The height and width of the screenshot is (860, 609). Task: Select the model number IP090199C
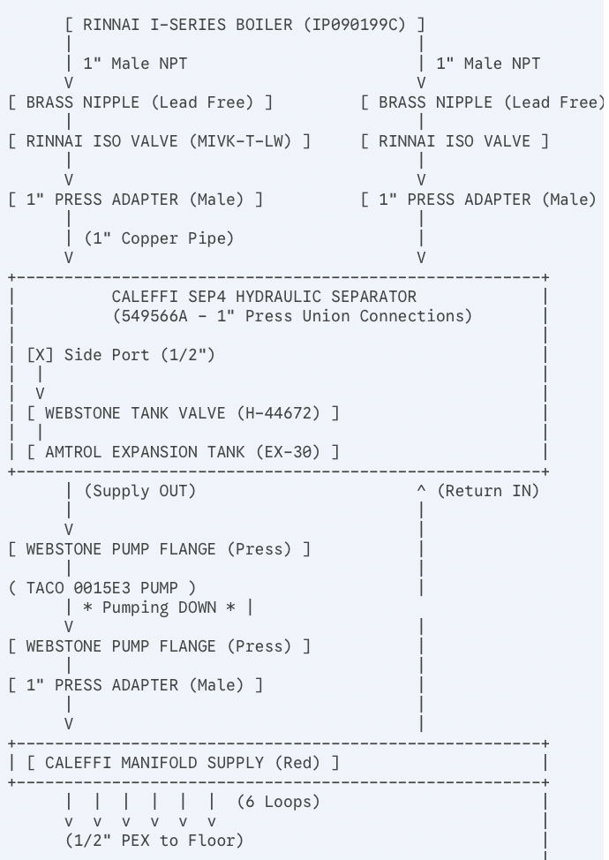click(354, 25)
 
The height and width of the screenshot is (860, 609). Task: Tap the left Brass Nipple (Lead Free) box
click(140, 102)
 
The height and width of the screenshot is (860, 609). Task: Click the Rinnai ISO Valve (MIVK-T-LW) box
click(159, 141)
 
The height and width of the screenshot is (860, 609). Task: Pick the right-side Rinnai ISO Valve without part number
click(455, 141)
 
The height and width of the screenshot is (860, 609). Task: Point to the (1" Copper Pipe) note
click(159, 238)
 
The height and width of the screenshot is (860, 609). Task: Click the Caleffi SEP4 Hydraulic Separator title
click(264, 297)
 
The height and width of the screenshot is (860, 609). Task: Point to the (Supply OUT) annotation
click(139, 491)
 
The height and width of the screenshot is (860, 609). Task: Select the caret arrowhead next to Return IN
click(421, 489)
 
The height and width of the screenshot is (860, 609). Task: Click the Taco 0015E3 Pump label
click(102, 588)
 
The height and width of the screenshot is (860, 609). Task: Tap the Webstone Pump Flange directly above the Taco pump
click(159, 549)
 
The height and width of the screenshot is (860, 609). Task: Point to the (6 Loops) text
click(278, 802)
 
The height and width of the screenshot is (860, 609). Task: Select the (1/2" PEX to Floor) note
click(154, 841)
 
